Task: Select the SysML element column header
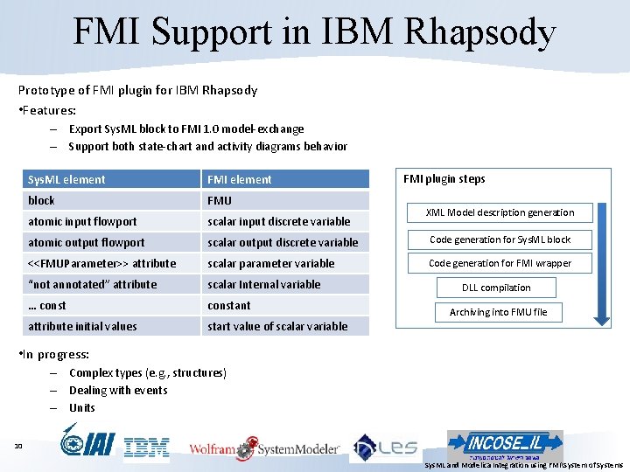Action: coord(111,179)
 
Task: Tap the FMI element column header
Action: coord(285,179)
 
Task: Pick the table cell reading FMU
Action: coord(285,200)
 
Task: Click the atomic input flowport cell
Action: coord(111,221)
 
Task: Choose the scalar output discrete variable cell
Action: coord(285,242)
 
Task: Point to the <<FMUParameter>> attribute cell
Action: coord(111,263)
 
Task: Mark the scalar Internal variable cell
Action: coord(285,284)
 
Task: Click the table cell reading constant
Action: coord(285,305)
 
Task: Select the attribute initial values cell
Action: coord(111,326)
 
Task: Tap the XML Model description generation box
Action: coord(500,212)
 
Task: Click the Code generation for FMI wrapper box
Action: coord(500,263)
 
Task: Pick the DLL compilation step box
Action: coord(496,288)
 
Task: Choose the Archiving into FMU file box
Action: coord(498,312)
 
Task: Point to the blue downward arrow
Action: coord(603,262)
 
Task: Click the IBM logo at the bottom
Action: coord(146,448)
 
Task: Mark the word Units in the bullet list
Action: coord(82,408)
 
